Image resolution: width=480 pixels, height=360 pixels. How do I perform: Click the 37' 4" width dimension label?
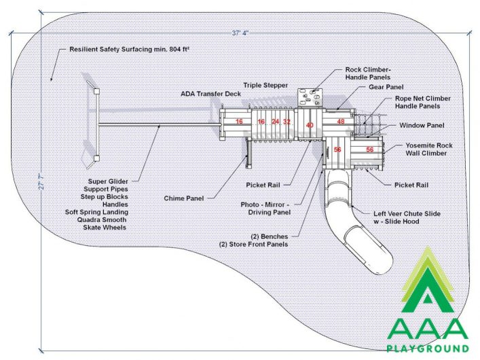240,33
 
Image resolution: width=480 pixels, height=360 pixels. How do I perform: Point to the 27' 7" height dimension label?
41,181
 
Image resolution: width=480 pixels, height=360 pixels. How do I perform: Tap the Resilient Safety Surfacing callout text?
129,50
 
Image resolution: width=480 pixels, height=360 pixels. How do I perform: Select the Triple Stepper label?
265,85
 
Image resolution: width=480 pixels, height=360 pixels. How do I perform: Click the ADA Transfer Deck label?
210,94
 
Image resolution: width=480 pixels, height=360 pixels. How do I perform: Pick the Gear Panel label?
386,87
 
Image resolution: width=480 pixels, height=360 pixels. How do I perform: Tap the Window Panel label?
422,125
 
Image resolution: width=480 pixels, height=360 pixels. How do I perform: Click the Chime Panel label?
184,198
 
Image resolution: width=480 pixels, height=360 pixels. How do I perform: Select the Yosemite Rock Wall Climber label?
428,149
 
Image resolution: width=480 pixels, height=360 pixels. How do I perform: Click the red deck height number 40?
310,125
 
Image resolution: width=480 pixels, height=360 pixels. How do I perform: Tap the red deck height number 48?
341,122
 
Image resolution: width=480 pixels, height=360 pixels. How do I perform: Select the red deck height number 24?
276,122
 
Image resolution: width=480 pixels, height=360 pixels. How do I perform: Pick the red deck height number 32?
287,122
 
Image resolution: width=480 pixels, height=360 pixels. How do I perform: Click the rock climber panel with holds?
310,97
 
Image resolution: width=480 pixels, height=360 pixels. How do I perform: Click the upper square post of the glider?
96,91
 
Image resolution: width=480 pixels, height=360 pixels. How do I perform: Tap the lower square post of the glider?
96,158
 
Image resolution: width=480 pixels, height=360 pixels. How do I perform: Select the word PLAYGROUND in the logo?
428,348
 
